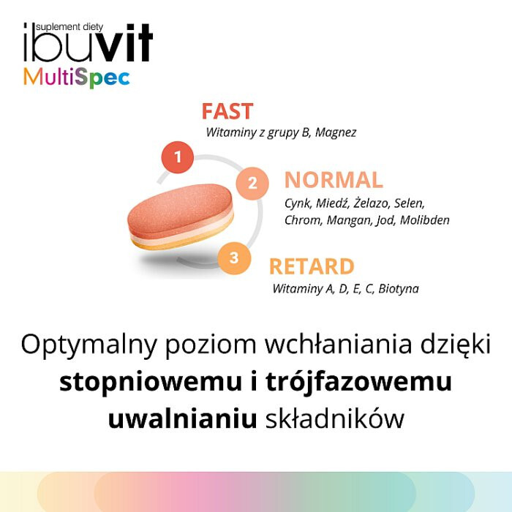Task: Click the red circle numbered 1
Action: pyautogui.click(x=178, y=157)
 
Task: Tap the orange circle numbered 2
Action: pyautogui.click(x=252, y=183)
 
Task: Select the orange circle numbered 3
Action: pyautogui.click(x=233, y=257)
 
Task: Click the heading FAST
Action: pyautogui.click(x=227, y=112)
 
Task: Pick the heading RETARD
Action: pyautogui.click(x=312, y=266)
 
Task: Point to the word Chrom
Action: pyautogui.click(x=301, y=219)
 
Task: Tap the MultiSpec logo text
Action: pyautogui.click(x=76, y=77)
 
